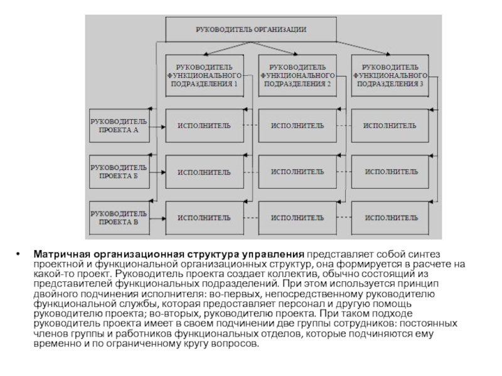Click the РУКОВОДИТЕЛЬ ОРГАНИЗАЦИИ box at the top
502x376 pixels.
(250, 29)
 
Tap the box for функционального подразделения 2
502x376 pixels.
(297, 75)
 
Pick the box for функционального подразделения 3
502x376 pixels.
(390, 75)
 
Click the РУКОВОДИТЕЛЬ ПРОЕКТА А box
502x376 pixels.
(119, 125)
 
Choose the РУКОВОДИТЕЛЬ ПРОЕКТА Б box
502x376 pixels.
(119, 172)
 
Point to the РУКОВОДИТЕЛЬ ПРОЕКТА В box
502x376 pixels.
(119, 217)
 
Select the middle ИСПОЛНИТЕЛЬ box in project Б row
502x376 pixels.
(297, 171)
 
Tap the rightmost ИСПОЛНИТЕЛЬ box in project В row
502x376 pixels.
(390, 217)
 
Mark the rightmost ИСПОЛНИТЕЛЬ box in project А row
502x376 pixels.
(390, 125)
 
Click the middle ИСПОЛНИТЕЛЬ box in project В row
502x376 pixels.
(297, 217)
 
